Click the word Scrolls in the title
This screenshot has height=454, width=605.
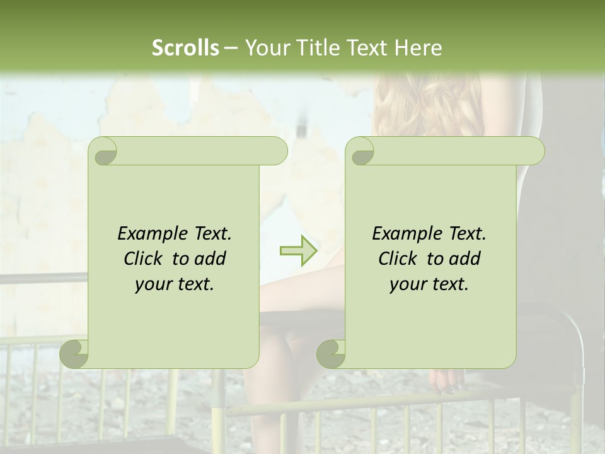pyautogui.click(x=185, y=48)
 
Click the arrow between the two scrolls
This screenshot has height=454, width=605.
pyautogui.click(x=298, y=251)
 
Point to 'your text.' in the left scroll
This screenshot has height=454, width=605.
pyautogui.click(x=175, y=284)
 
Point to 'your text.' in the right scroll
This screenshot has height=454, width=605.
pyautogui.click(x=429, y=284)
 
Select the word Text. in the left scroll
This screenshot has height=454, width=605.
pyautogui.click(x=210, y=234)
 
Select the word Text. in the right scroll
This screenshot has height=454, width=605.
pyautogui.click(x=465, y=234)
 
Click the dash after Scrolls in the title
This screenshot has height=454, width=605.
pyautogui.click(x=230, y=49)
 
